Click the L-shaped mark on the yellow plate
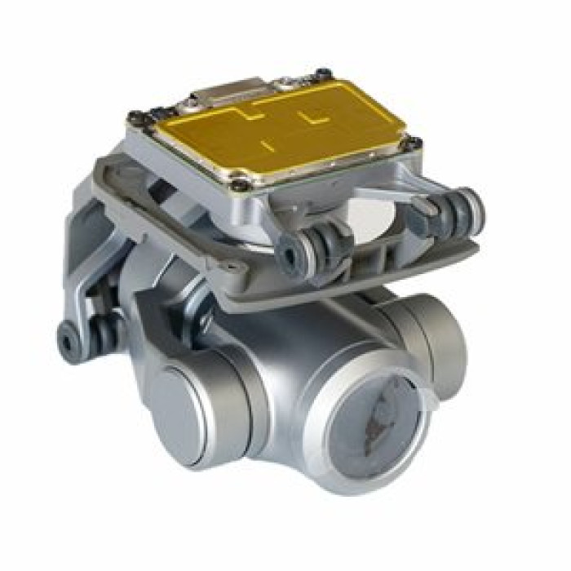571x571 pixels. (x=313, y=118)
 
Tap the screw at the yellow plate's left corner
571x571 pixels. (x=135, y=117)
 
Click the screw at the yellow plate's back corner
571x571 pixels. (x=323, y=74)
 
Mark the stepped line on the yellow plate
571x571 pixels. (x=237, y=114)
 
